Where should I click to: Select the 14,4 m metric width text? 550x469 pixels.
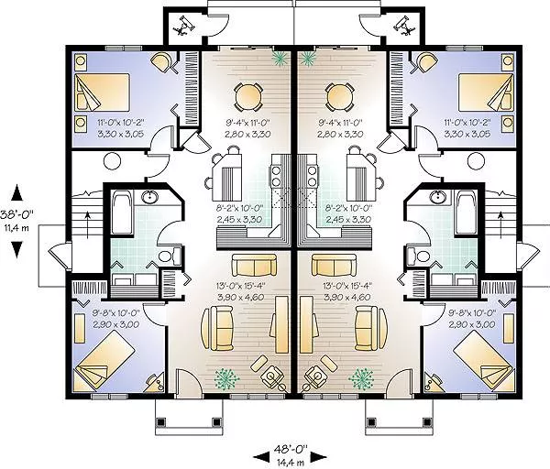291,463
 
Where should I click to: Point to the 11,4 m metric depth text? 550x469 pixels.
16,228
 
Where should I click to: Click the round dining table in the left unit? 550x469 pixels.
247,94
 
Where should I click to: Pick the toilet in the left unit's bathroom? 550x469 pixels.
169,255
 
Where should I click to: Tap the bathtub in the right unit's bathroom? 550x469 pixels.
467,213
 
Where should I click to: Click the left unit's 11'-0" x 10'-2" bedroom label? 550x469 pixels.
121,127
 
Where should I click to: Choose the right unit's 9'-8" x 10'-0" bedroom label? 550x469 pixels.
472,318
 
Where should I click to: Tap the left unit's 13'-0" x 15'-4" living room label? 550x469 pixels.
240,291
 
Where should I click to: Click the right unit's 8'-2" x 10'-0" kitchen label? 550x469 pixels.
348,213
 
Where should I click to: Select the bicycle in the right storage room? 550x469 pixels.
404,26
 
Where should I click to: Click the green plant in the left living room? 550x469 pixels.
227,379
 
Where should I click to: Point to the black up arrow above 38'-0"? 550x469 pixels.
17,194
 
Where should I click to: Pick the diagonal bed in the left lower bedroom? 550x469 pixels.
105,361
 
